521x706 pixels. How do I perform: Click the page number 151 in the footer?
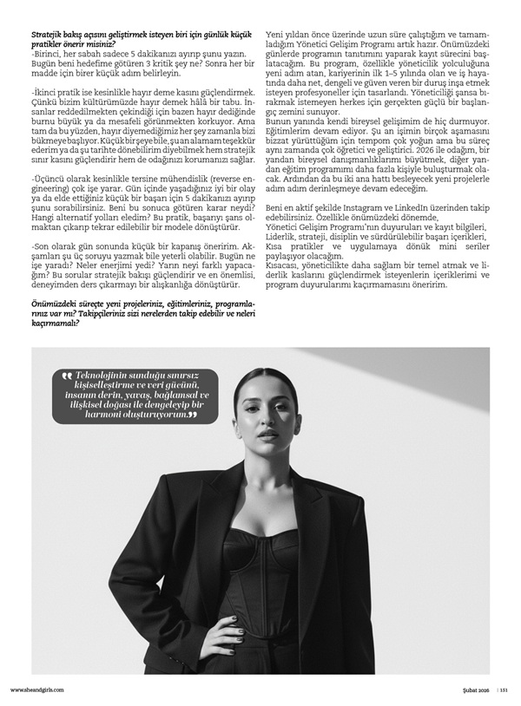pos(505,690)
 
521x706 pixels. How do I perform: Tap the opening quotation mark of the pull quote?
pos(66,375)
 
